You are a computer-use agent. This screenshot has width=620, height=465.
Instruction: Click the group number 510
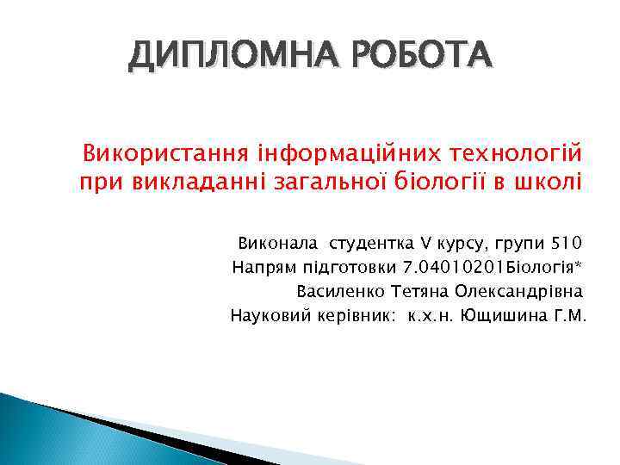point(567,241)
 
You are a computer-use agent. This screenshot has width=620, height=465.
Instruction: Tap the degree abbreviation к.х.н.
point(431,316)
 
